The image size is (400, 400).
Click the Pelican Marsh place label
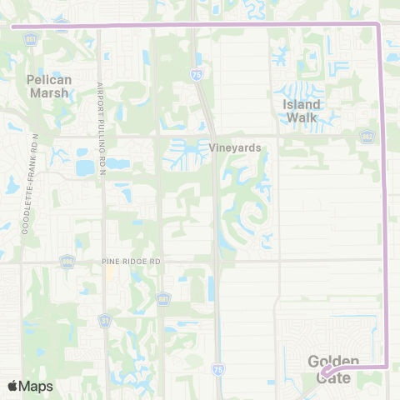[50, 86]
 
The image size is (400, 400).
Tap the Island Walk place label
[301, 111]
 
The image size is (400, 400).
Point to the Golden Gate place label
[334, 369]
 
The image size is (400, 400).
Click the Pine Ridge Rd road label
[131, 261]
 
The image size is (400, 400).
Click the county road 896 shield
[66, 262]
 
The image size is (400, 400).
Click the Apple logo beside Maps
[12, 386]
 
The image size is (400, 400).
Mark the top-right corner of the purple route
[379, 26]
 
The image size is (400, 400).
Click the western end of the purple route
[12, 26]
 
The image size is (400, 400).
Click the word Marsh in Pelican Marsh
[50, 92]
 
